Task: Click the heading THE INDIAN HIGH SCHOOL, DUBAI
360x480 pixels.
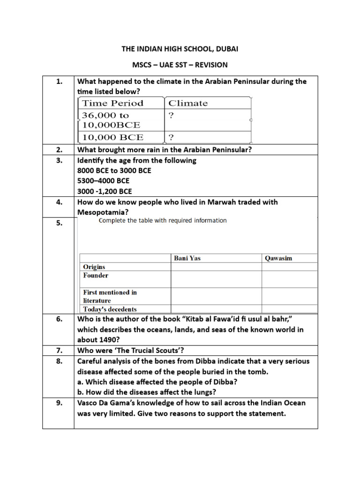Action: (180, 49)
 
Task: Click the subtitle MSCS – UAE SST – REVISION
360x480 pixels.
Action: (180, 64)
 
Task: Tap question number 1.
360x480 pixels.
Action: (59, 82)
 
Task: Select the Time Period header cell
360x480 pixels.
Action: (113, 103)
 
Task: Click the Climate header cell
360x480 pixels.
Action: (188, 103)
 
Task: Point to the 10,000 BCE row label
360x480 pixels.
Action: (113, 137)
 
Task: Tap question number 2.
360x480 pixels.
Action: (59, 150)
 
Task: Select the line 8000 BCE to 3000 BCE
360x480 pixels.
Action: (114, 171)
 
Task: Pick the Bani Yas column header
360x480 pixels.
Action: (187, 258)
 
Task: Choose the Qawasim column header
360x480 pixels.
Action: (279, 258)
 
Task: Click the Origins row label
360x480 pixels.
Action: (94, 267)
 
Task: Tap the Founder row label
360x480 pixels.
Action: (96, 276)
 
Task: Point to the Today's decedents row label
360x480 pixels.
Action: (110, 309)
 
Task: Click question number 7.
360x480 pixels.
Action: (59, 351)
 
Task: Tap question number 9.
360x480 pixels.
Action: (59, 403)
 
